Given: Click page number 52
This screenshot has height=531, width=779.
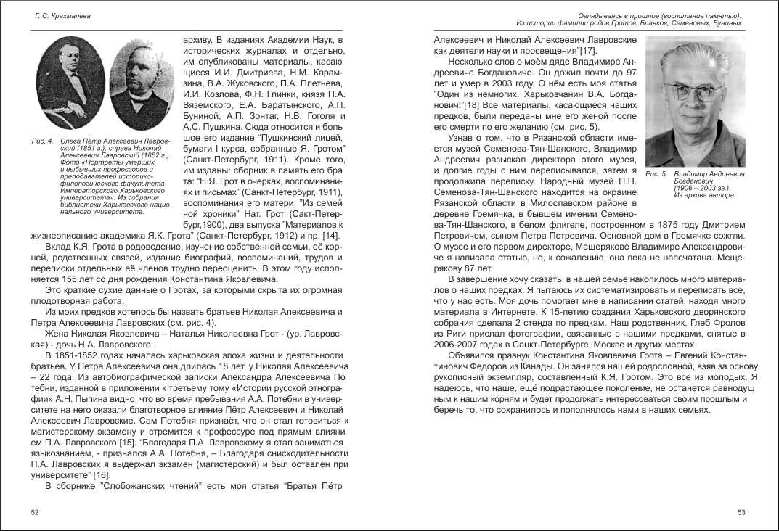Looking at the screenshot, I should point(35,512).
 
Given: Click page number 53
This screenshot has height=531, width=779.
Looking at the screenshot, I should point(741,512).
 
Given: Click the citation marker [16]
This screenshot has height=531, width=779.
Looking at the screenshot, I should point(91,474).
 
